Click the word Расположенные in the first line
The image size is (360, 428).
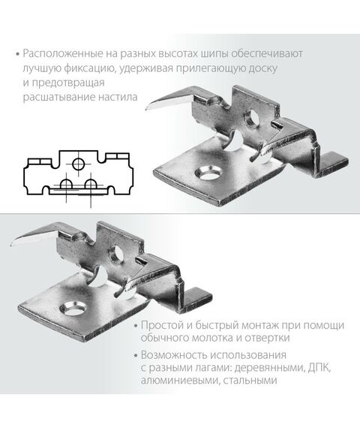pyautogui.click(x=61, y=54)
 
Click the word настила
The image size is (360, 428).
pyautogui.click(x=119, y=97)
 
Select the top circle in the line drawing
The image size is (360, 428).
pyautogui.click(x=76, y=164)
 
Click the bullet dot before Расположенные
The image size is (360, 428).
pyautogui.click(x=16, y=55)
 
